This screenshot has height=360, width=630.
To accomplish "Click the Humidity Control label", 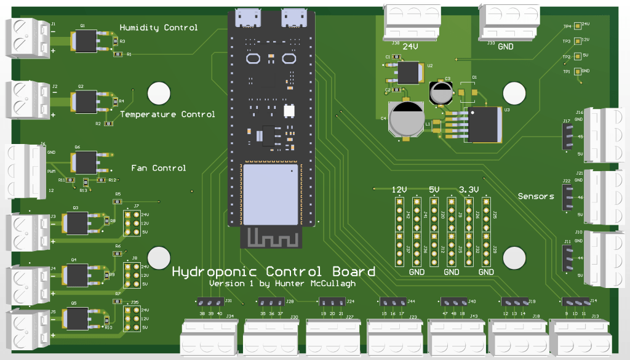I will [x=159, y=28].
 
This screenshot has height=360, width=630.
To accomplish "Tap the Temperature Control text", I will [x=167, y=114].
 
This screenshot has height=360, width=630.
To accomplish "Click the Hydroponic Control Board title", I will [x=273, y=271].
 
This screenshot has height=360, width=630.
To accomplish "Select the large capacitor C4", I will [x=406, y=118].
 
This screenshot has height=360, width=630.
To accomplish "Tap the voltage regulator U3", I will [x=484, y=124].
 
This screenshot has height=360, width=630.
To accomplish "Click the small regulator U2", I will [x=407, y=72].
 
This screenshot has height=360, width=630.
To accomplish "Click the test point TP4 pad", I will [x=577, y=26].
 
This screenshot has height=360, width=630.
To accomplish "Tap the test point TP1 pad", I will [x=577, y=71].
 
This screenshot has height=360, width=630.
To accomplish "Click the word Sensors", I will [x=536, y=196].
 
